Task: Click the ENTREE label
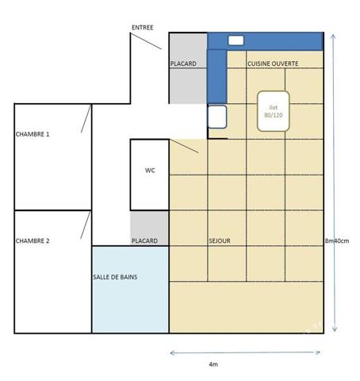143,28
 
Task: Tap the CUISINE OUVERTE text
273,63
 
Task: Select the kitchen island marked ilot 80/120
274,111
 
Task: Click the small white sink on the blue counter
236,40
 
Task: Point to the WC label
150,171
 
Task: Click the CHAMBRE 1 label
33,134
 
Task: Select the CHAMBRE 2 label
33,241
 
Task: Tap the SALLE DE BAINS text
115,277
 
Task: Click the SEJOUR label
220,241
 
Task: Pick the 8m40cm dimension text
337,241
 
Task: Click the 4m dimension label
213,364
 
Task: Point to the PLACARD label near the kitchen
183,63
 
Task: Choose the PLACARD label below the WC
144,241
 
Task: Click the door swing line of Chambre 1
86,118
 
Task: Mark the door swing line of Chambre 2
86,225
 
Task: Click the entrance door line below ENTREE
146,41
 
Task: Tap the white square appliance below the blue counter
217,117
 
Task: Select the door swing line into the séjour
184,146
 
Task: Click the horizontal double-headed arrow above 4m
245,352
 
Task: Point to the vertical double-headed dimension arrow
335,183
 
